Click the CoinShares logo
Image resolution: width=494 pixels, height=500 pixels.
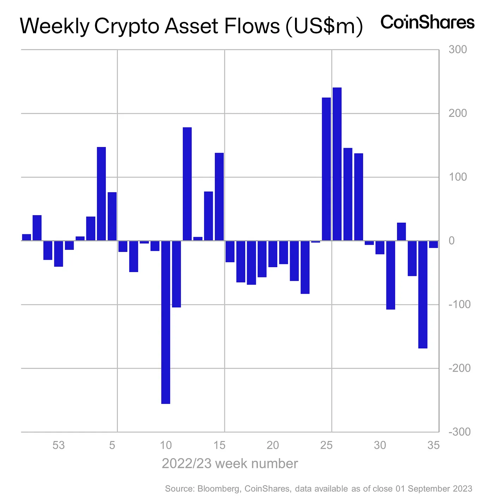[427, 22]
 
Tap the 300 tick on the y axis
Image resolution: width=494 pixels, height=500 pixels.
[458, 49]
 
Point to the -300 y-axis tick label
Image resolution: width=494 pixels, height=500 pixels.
[459, 432]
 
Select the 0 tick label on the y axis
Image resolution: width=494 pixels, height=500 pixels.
[452, 241]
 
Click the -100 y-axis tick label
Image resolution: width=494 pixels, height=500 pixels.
[459, 304]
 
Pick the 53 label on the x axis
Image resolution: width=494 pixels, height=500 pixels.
[59, 445]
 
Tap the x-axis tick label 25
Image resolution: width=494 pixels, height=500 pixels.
[326, 445]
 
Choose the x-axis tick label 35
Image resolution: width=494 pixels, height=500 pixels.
[433, 445]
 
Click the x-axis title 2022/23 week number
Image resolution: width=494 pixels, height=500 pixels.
[230, 464]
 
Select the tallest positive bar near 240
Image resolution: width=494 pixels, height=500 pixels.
[337, 164]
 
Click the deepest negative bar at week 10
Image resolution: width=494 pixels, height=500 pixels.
[165, 322]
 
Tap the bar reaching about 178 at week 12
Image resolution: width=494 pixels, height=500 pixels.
[187, 184]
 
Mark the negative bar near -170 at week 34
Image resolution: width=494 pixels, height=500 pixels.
[423, 294]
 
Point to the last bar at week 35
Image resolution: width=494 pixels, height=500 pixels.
[433, 244]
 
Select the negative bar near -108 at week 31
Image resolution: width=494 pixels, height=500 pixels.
[391, 275]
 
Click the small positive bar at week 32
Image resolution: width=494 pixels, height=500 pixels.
[401, 231]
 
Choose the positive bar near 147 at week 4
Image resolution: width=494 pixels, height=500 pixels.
[101, 194]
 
